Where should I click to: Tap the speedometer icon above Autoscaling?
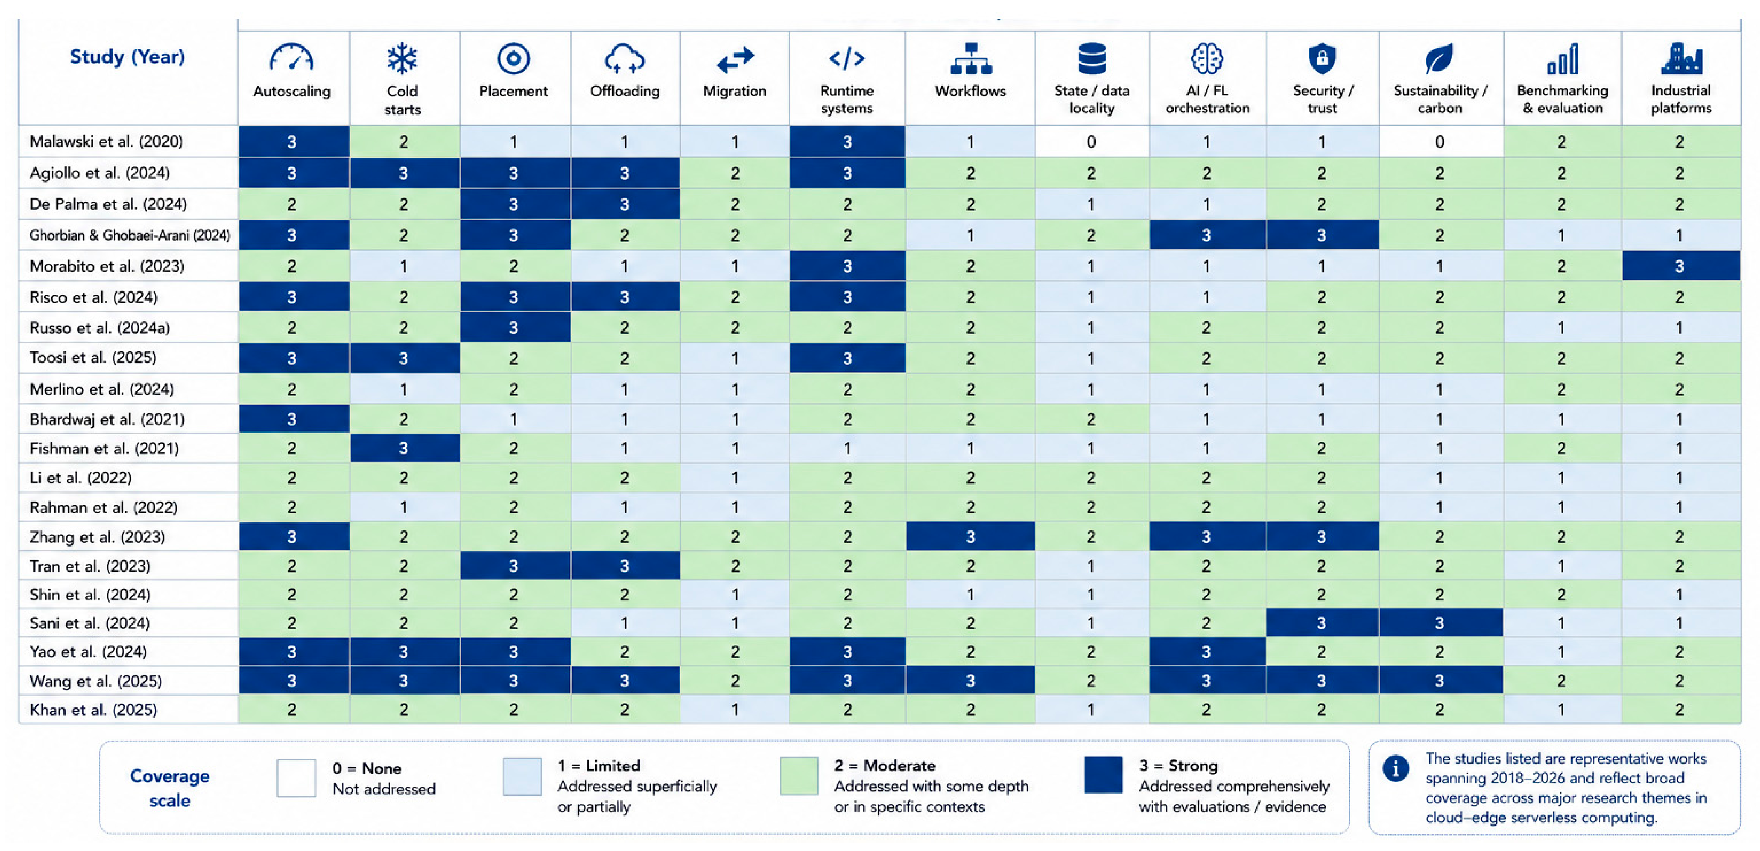pos(292,57)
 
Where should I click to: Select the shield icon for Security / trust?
pos(1322,58)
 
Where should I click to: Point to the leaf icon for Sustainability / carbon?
pos(1439,59)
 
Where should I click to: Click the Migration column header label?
pos(735,91)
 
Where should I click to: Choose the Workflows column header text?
pos(970,91)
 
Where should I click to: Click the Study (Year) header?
pos(127,57)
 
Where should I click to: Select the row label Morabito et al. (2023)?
pos(107,266)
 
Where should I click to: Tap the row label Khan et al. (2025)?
pos(93,710)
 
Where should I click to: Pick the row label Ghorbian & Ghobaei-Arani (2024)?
pos(130,235)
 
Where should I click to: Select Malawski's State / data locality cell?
pos(1091,141)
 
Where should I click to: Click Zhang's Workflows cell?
pos(970,537)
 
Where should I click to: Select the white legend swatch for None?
pos(296,777)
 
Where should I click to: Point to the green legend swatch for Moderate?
pos(799,775)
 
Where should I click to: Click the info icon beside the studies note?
pos(1395,769)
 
